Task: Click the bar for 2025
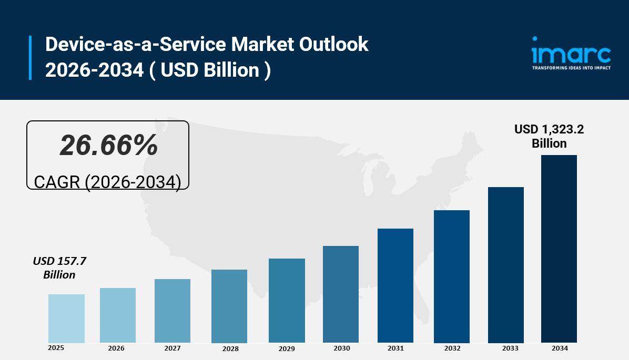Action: [x=66, y=318]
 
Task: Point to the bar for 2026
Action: [x=118, y=315]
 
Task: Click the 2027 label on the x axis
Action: [x=172, y=348]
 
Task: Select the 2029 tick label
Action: [x=287, y=348]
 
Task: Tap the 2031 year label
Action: [x=395, y=348]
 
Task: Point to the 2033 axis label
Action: [x=510, y=348]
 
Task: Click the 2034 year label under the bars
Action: [x=560, y=348]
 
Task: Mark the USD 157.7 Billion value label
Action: [x=59, y=268]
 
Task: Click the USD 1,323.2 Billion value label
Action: [x=549, y=136]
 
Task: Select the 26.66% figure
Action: [x=108, y=145]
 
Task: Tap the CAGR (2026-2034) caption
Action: [x=107, y=182]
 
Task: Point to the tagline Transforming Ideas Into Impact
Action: [x=571, y=68]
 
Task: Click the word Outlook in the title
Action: [x=333, y=45]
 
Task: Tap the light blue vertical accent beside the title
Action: [x=30, y=58]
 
